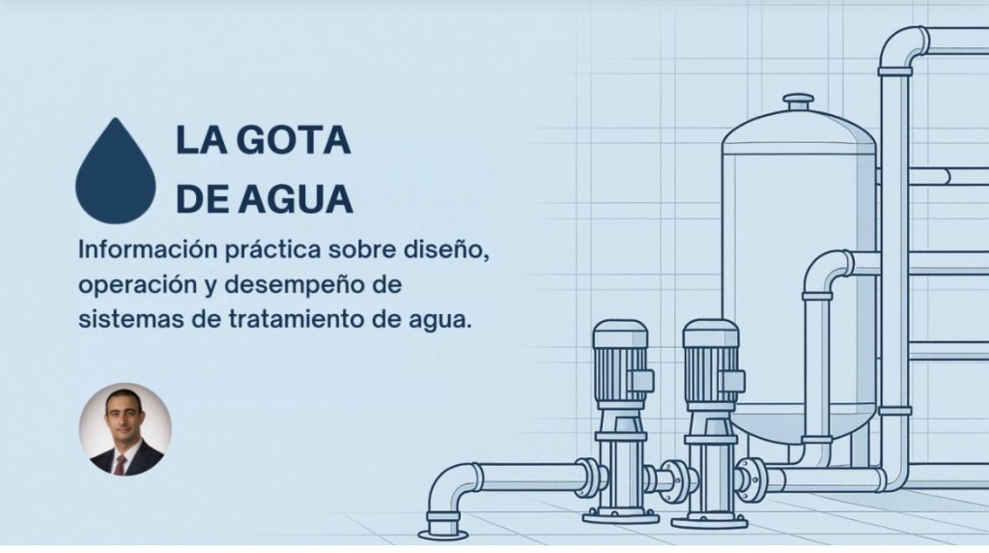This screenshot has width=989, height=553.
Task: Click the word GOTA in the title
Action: (296, 140)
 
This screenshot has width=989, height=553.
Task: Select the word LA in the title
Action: (201, 140)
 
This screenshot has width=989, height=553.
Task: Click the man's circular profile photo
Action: (125, 429)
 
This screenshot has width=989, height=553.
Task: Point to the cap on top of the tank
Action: (799, 101)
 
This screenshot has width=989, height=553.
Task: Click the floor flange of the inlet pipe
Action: (442, 534)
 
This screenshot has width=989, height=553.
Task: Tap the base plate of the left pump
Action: (621, 517)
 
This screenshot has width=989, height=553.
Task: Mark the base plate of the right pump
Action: (710, 522)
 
